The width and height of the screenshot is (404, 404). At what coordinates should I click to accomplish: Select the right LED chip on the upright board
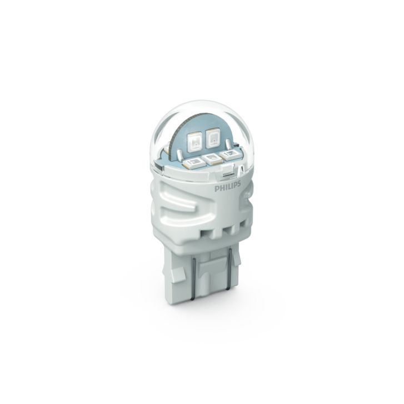pyautogui.click(x=213, y=138)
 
